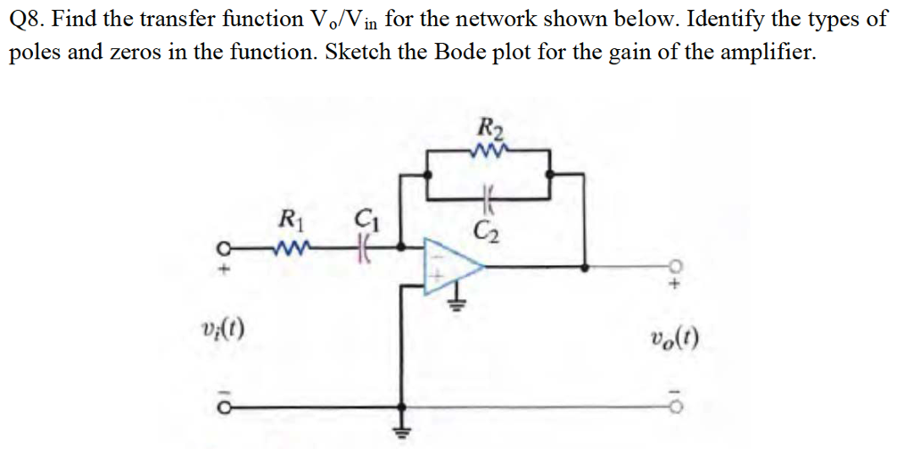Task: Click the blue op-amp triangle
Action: pyautogui.click(x=451, y=265)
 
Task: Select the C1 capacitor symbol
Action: pyautogui.click(x=363, y=244)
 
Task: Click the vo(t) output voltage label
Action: pyautogui.click(x=675, y=337)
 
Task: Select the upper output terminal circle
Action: pyautogui.click(x=676, y=265)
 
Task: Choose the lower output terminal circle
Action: pyautogui.click(x=676, y=403)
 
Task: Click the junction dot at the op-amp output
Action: pyautogui.click(x=585, y=265)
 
